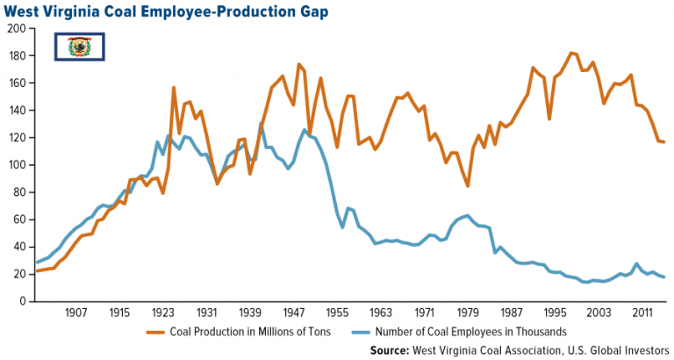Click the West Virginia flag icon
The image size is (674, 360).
pos(81,47)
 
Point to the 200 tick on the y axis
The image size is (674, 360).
pos(15,29)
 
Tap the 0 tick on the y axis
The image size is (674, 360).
pos(20,301)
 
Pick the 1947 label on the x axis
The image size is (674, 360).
pos(294,313)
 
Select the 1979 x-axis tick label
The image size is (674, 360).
pos(468,313)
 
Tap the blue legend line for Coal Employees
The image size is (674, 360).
pos(357,331)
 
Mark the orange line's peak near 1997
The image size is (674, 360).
pos(571,53)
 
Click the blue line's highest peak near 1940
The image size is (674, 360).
pos(262,124)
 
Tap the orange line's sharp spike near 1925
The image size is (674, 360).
pos(174,88)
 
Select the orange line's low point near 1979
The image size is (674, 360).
pos(468,186)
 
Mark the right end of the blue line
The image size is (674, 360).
pos(663,277)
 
